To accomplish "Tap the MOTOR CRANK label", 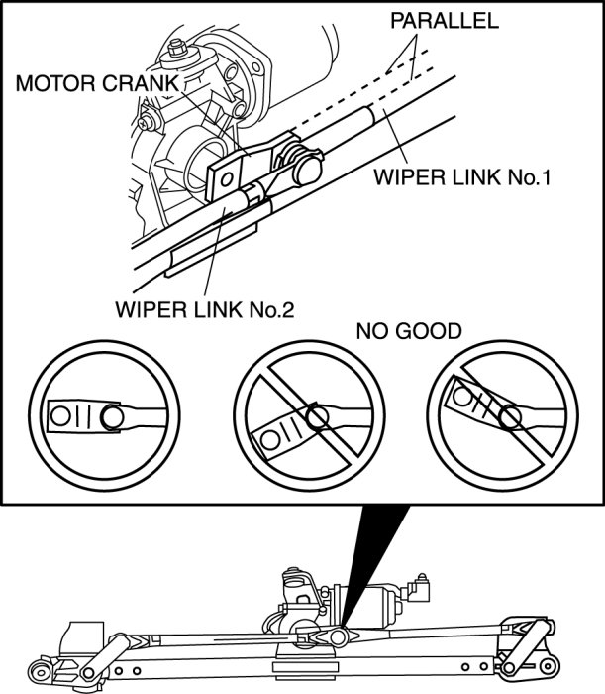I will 94,84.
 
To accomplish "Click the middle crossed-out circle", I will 308,417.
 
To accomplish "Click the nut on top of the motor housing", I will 178,48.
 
